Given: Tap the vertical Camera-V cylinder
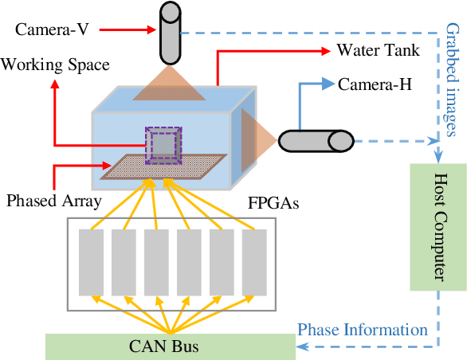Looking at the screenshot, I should (x=170, y=33).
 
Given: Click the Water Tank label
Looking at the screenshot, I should (x=376, y=51).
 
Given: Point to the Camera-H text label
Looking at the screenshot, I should (x=375, y=84).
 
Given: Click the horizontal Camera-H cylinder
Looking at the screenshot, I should (x=315, y=141).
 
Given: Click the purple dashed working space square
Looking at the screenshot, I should (x=162, y=143).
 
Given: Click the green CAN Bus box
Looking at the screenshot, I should (x=170, y=346).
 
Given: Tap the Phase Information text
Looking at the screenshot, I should (x=362, y=329).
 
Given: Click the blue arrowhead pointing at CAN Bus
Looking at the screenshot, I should (x=302, y=345).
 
